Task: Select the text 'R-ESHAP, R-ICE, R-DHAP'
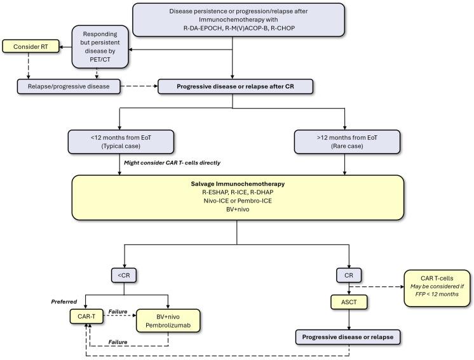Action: (x=236, y=190)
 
